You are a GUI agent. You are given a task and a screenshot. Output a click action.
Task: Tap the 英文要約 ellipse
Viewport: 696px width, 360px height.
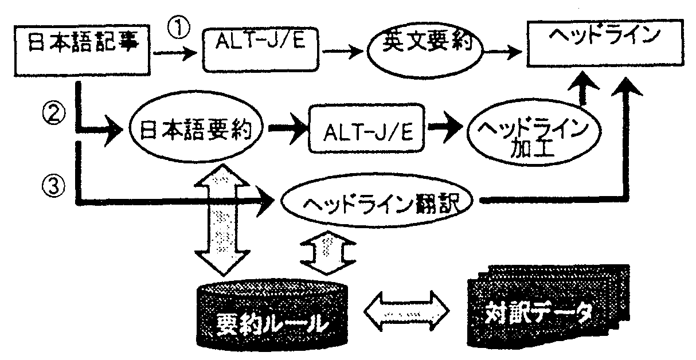pyautogui.click(x=424, y=49)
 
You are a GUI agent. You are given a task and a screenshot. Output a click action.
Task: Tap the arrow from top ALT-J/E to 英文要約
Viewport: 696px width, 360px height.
pyautogui.click(x=343, y=52)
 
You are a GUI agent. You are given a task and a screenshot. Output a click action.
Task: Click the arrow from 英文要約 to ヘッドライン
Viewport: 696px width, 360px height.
pyautogui.click(x=503, y=51)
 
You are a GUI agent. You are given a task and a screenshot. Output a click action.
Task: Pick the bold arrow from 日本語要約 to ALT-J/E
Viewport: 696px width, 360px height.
pyautogui.click(x=287, y=131)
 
